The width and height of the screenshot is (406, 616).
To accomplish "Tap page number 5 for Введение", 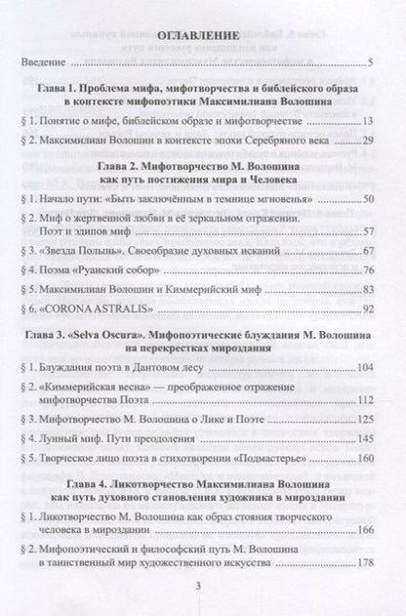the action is pyautogui.click(x=373, y=66).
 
